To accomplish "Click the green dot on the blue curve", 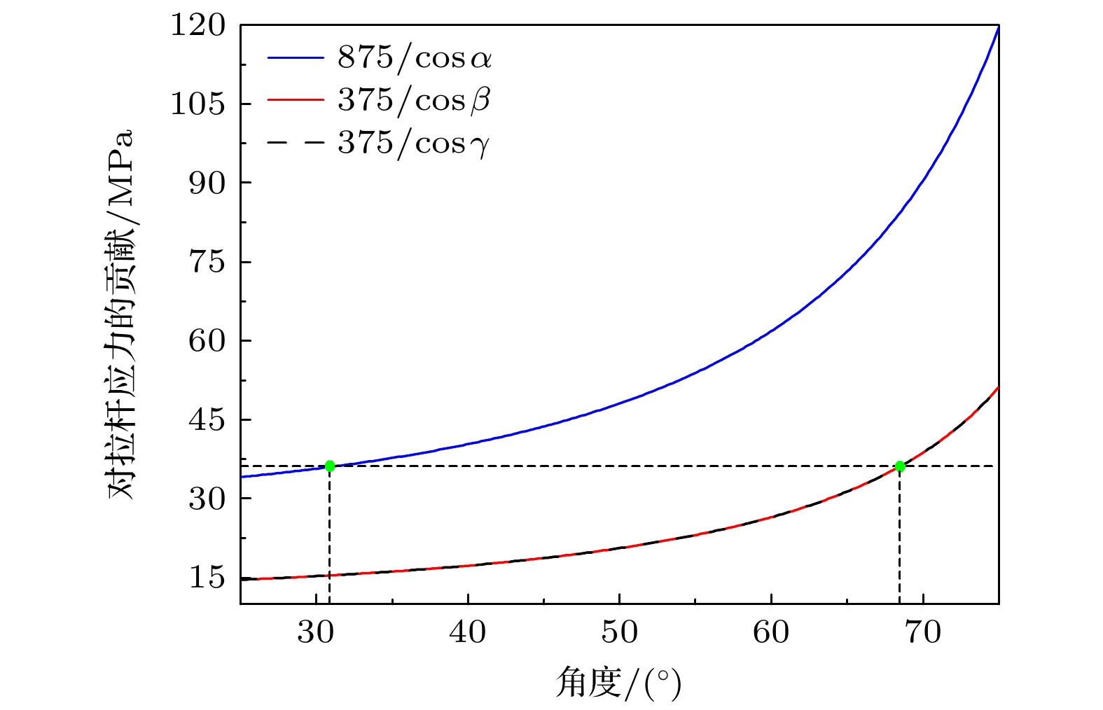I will (329, 466).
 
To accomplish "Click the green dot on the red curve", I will (900, 466).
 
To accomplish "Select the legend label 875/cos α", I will (415, 58).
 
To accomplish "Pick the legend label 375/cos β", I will (414, 101).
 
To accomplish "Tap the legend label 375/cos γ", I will (413, 144).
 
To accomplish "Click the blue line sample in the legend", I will (295, 58).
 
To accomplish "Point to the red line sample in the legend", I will (295, 100).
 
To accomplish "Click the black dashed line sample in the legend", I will (295, 144).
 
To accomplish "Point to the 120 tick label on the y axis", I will (198, 25).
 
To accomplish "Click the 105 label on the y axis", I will (198, 104).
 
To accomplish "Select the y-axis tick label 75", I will (207, 262).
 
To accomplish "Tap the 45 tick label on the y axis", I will (207, 420).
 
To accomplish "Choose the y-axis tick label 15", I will (207, 578).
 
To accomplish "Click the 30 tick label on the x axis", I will (316, 633).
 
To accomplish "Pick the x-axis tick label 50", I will (620, 633).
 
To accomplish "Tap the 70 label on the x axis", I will (923, 633).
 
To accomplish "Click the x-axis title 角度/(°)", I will (618, 683).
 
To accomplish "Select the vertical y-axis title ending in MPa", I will (121, 314).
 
